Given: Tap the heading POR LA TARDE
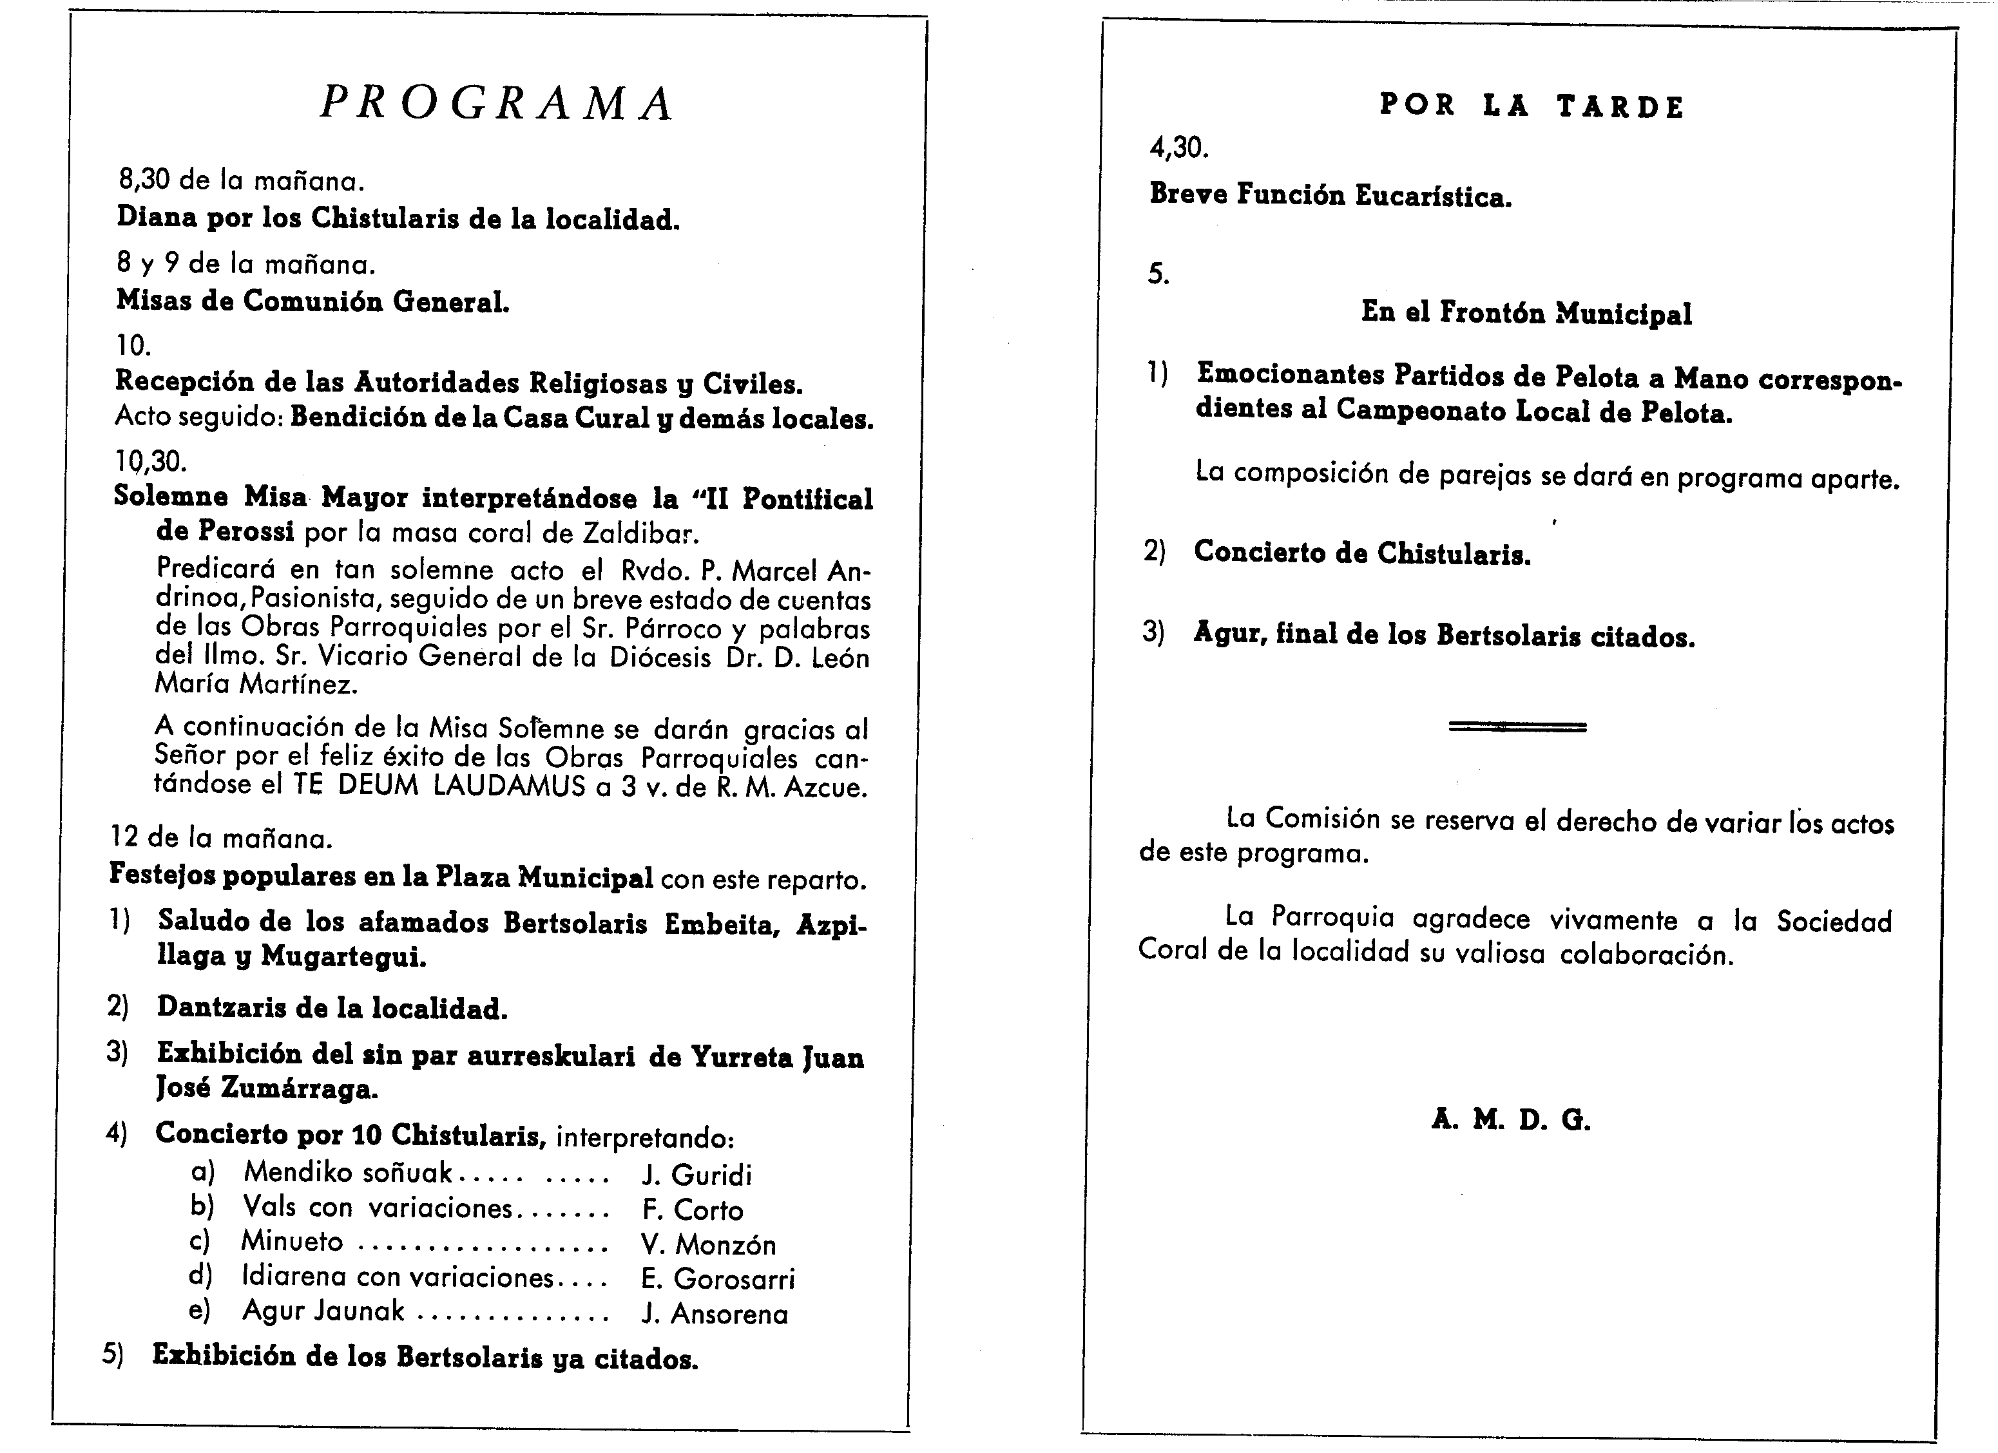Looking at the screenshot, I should [1531, 106].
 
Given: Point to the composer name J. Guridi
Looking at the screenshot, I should [697, 1175].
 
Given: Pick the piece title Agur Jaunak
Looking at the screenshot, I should [323, 1311].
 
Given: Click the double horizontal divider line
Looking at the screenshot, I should [1517, 727].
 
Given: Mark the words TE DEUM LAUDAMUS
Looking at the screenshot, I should [439, 786].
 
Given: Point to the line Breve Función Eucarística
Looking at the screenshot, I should [1330, 195].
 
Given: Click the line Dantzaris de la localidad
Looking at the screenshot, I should [332, 1007].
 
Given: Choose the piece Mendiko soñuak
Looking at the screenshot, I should [348, 1172].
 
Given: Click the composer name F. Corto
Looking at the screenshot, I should [693, 1210].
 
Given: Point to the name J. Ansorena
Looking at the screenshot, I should [715, 1314].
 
